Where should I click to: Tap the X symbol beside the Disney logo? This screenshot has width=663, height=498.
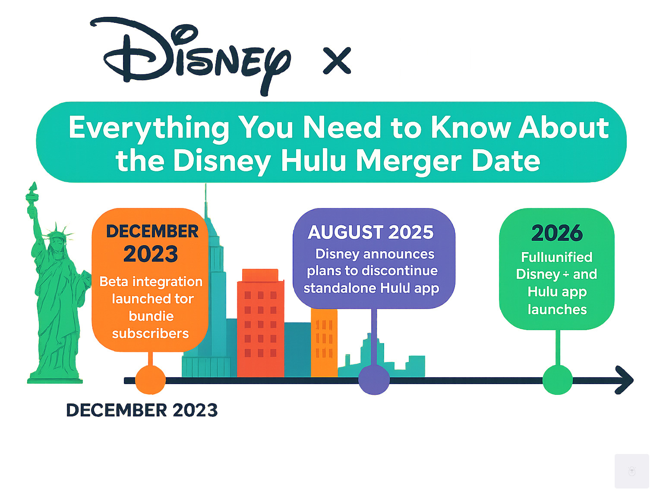point(337,61)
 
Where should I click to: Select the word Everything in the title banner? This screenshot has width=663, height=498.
point(149,128)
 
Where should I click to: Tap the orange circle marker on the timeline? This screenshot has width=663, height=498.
point(150,380)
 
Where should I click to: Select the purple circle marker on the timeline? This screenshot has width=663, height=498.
point(374,380)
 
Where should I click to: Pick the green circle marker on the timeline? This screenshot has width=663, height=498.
point(557,380)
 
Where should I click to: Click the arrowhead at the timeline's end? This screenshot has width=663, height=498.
point(625,380)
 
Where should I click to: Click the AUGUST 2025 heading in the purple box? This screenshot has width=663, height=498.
point(371,233)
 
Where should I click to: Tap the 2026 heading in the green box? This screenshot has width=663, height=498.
point(557,233)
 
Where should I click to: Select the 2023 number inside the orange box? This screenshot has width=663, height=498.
point(151,254)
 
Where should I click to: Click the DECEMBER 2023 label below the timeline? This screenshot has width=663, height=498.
point(142,410)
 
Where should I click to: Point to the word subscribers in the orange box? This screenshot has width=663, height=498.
point(150,334)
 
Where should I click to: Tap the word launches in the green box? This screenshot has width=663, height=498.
point(557,309)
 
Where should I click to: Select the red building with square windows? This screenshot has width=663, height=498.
point(260,324)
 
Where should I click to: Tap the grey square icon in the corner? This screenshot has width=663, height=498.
point(631,471)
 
